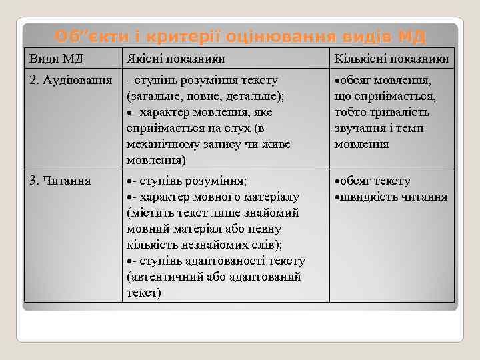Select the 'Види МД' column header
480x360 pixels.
point(56,59)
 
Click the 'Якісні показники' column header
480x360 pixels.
point(175,59)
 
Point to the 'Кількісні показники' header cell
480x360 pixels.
point(391,59)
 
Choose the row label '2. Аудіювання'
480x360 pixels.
point(70,81)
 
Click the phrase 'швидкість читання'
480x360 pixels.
point(394,197)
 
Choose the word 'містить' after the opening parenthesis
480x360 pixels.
point(149,213)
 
